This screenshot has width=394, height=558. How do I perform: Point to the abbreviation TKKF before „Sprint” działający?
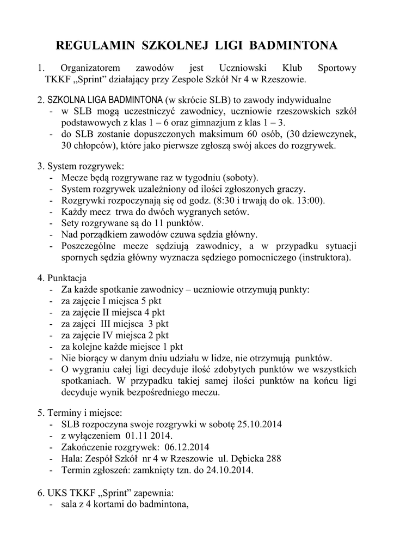(57, 80)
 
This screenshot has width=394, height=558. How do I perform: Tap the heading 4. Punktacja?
(62, 278)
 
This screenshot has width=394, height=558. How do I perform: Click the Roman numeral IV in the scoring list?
(108, 335)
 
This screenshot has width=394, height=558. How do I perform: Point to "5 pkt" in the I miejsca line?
(151, 301)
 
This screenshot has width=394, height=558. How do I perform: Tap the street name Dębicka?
(247, 458)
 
